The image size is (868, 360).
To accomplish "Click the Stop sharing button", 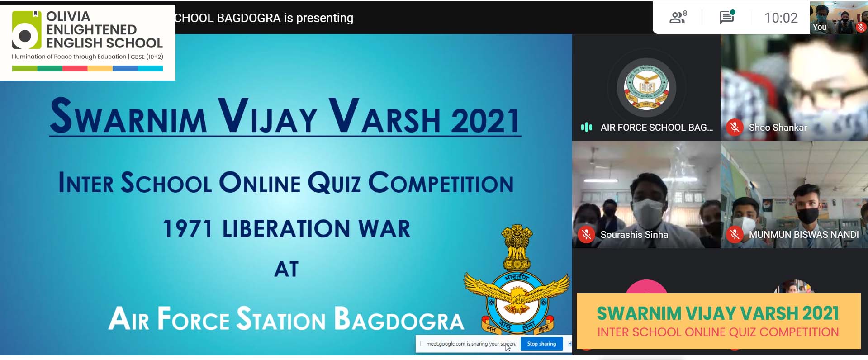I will point(541,344).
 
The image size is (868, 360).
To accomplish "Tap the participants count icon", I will point(678,17).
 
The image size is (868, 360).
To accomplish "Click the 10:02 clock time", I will point(781,18).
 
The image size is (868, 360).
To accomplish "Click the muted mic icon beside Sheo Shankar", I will point(735,128).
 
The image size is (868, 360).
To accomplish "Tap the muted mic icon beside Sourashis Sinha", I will point(587,235).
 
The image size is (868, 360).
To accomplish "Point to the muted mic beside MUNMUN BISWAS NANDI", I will point(735,235).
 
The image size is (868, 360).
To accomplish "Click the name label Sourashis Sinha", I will point(634,235).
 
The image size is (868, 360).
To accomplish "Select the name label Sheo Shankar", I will point(778,128).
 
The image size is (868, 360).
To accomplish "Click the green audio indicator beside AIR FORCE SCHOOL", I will point(587,128).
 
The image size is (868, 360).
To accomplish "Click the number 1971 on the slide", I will point(187,228).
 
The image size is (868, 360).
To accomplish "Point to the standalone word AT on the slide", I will point(286,269).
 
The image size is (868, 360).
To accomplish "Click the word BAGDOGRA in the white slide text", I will point(399,319).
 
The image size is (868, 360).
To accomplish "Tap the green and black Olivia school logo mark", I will point(26,30).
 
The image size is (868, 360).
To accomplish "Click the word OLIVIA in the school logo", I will point(68,16).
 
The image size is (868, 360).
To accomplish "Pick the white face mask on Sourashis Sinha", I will point(647,210).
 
